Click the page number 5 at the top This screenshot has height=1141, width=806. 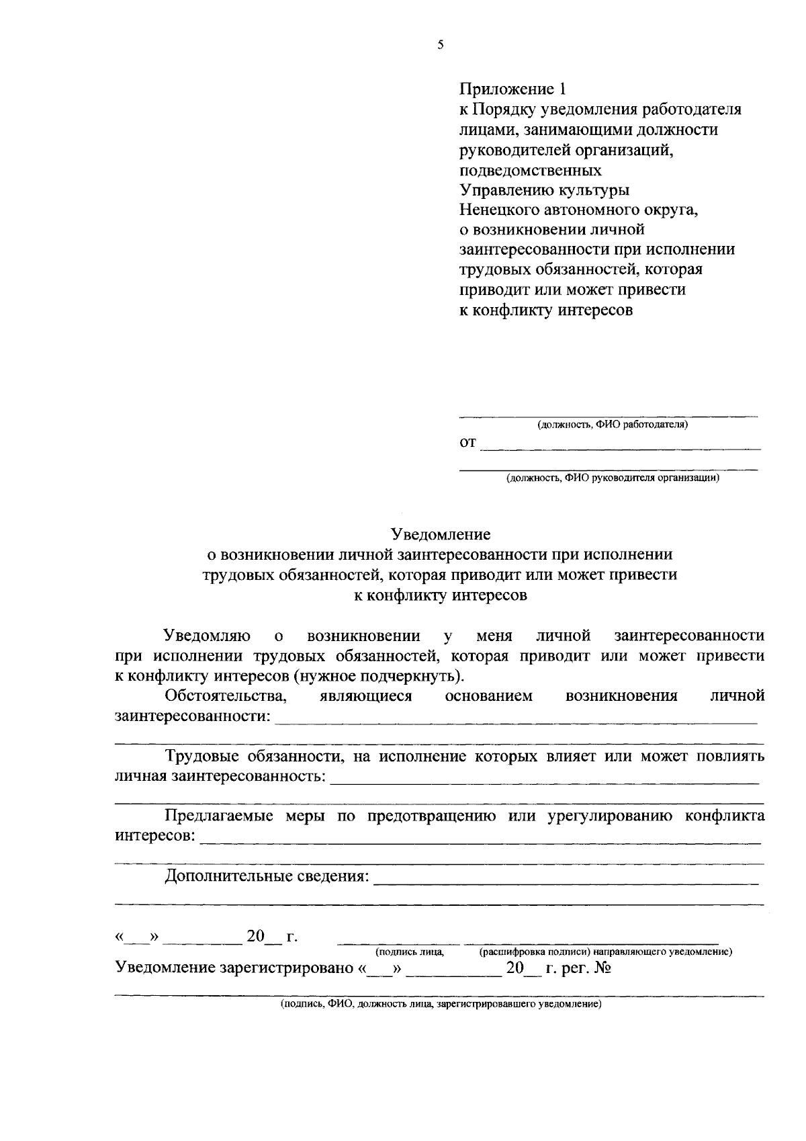[x=440, y=46]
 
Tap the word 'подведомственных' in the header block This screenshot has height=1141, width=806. [x=530, y=170]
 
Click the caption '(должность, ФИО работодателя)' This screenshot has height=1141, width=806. [x=612, y=425]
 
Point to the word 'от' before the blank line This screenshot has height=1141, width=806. [x=467, y=443]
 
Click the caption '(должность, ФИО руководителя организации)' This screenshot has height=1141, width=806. [x=612, y=478]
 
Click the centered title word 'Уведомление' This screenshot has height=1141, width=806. [x=441, y=535]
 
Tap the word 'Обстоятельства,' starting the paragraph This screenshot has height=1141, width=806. [x=226, y=695]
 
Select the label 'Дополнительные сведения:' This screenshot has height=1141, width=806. [x=267, y=876]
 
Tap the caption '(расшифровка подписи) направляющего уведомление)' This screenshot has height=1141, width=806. [x=605, y=952]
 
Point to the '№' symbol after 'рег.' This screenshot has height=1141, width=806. [x=601, y=968]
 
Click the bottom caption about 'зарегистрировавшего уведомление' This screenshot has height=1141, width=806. [x=441, y=1005]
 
